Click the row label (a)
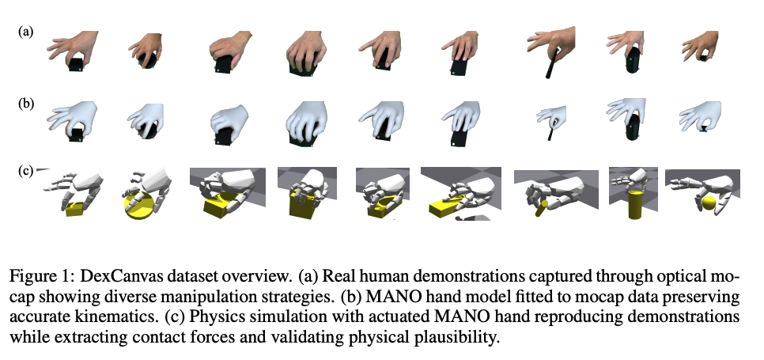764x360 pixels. pos(26,32)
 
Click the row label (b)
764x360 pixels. pos(26,104)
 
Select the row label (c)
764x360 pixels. pos(26,172)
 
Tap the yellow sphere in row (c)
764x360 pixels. pos(709,203)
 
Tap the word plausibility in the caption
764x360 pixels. pos(457,337)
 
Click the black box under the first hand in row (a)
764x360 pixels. pos(76,64)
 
